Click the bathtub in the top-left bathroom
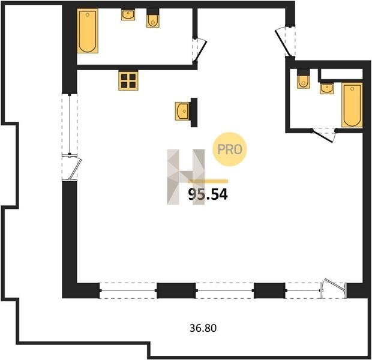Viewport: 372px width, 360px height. tap(88, 31)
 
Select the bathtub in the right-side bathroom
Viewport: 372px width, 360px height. tap(352, 105)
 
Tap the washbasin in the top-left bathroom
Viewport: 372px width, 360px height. tap(128, 15)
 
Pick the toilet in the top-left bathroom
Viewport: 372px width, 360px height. tap(153, 19)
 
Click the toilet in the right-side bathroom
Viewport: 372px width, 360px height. tap(304, 79)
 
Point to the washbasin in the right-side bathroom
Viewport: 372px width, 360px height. tap(326, 89)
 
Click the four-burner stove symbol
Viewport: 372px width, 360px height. tap(128, 80)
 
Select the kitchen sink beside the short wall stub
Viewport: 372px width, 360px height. tap(182, 111)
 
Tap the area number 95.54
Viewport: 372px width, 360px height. tap(208, 194)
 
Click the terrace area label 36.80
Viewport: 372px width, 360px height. tap(203, 328)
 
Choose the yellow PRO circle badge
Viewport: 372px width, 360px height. tap(229, 149)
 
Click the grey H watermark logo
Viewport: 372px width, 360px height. tap(186, 177)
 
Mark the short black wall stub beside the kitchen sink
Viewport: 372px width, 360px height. tap(194, 112)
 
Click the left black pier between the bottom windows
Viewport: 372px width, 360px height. tap(176, 290)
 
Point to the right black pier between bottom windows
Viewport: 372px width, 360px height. tap(269, 290)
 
